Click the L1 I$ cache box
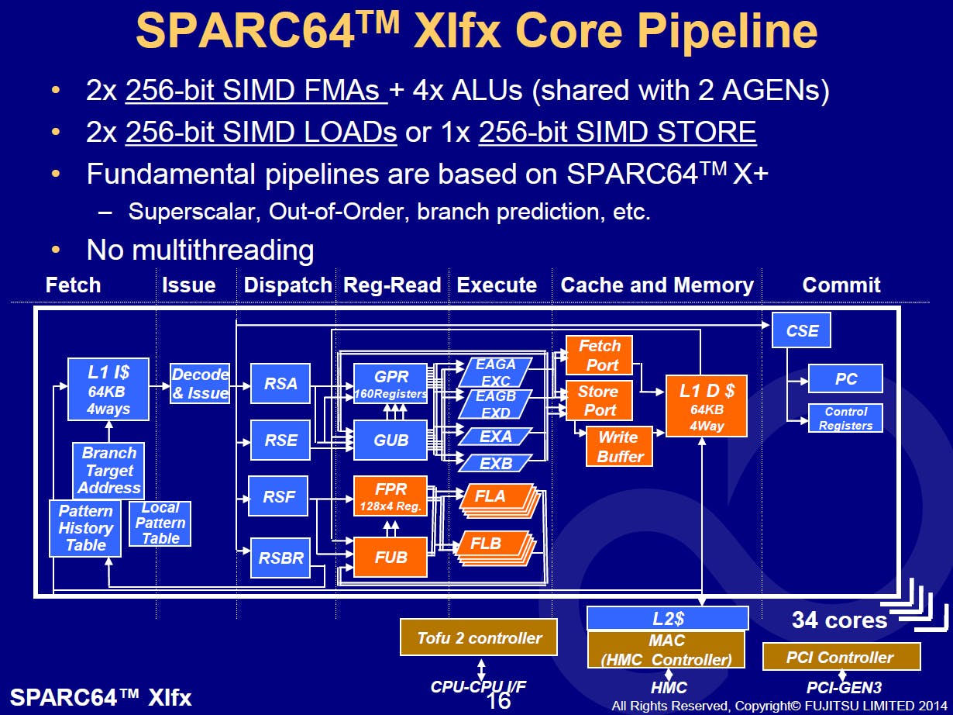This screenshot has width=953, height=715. (x=108, y=389)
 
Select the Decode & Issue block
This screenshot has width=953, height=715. (x=200, y=384)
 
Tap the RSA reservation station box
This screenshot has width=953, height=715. (x=280, y=383)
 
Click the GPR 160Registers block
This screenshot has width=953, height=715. (x=390, y=384)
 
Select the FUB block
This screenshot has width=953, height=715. (x=390, y=557)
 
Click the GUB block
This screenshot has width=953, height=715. (x=390, y=440)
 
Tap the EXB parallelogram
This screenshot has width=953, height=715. (x=496, y=463)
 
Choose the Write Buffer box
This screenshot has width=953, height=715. (x=620, y=447)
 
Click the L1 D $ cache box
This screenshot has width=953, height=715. (x=706, y=406)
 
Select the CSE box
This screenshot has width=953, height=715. (x=802, y=331)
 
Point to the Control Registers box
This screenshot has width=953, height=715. (x=845, y=419)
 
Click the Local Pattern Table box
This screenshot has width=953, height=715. (x=160, y=523)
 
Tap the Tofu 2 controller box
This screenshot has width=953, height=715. (x=479, y=637)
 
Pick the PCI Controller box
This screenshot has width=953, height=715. (x=841, y=657)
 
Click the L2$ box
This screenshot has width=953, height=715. (x=667, y=618)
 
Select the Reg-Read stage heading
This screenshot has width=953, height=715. (x=392, y=285)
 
